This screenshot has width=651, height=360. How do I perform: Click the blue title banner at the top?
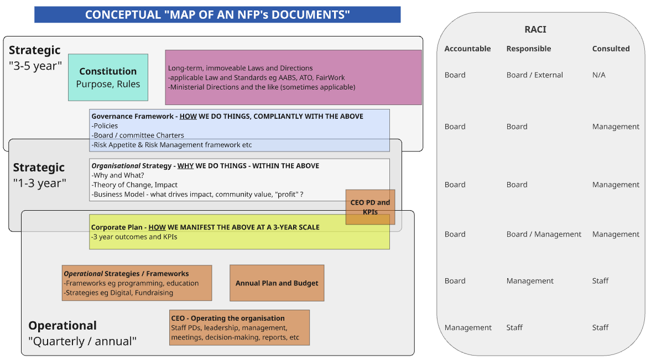217,14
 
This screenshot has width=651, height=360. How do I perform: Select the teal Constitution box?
108,77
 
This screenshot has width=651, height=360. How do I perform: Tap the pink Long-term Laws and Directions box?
293,77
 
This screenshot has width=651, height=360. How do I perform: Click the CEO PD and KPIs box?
371,207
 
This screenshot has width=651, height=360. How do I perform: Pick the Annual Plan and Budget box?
277,283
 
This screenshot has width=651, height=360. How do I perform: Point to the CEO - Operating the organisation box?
239,327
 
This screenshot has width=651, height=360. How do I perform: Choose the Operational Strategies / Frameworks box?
137,283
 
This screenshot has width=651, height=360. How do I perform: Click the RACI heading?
535,29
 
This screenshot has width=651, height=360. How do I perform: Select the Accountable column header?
467,49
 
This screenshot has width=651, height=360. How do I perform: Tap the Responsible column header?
529,49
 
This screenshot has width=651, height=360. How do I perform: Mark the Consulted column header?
611,49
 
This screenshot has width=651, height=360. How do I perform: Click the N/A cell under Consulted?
598,75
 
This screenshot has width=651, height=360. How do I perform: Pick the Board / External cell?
534,75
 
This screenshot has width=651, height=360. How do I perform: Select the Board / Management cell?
544,234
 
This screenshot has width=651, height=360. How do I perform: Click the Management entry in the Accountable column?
468,327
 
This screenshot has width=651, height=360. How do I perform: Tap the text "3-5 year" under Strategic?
35,66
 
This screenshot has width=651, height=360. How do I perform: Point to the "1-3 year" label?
39,183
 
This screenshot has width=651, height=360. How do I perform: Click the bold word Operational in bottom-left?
63,325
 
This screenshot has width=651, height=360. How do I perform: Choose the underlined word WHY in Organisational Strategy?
186,166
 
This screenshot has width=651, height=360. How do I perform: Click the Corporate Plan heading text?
205,227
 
